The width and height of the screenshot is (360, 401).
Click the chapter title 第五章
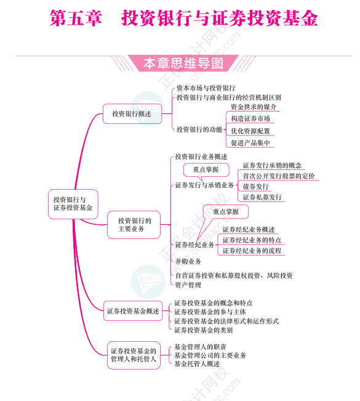[x=76, y=18]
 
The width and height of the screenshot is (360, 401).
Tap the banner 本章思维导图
[x=183, y=63]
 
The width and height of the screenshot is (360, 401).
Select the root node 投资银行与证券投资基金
[x=73, y=204]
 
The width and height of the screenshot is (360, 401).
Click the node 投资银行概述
[x=132, y=114]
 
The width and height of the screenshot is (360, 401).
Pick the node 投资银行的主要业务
[x=134, y=225]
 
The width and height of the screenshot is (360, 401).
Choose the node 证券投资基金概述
[x=133, y=311]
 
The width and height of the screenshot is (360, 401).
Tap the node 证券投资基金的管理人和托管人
[x=134, y=355]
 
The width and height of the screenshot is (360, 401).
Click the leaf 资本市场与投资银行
[x=206, y=88]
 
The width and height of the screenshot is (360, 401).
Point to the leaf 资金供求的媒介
[x=253, y=107]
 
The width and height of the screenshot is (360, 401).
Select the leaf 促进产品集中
[x=250, y=143]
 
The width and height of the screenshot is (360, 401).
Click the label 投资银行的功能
[x=199, y=129]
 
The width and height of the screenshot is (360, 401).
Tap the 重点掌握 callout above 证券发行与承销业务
[x=206, y=169]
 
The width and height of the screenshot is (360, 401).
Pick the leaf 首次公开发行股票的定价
[x=279, y=176]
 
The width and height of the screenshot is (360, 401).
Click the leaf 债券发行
[x=255, y=187]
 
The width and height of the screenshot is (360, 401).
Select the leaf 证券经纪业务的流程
[x=252, y=251]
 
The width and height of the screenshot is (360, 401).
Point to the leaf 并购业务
[x=188, y=261]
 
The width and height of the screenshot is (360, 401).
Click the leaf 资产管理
[x=188, y=285]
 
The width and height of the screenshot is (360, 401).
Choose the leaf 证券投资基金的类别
[x=203, y=330]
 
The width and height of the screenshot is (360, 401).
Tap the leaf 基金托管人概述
[x=197, y=363]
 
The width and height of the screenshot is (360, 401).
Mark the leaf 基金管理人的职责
[x=200, y=347]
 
